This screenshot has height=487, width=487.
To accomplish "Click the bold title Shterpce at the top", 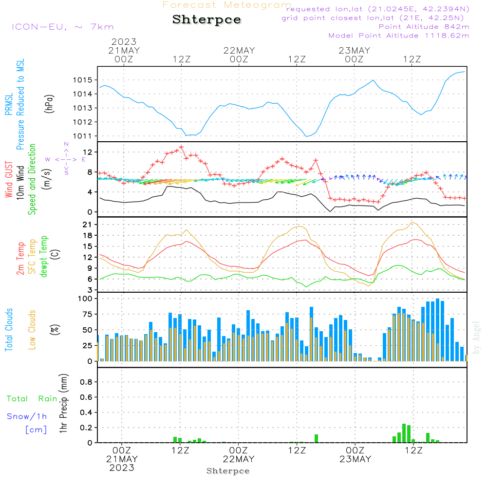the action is tap(206, 20).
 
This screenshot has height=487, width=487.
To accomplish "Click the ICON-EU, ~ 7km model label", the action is tap(63, 27).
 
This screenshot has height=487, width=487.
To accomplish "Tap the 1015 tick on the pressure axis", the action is tap(83, 80).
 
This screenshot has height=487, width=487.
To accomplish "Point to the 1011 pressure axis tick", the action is tap(83, 136).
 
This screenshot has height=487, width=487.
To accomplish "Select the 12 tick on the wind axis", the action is tap(88, 152).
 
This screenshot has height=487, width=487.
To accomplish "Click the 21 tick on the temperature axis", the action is tap(88, 225).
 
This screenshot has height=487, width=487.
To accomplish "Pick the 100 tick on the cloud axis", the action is tap(85, 299).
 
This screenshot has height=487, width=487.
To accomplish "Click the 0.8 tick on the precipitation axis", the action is tap(86, 382).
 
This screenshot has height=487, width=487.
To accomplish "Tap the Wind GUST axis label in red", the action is tap(9, 180).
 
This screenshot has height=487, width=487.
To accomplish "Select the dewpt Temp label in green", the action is tap(43, 257).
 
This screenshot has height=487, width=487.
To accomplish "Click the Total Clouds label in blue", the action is tap(9, 330).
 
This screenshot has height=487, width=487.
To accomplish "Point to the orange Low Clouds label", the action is tap(32, 330).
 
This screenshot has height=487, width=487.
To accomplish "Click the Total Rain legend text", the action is tap(32, 399).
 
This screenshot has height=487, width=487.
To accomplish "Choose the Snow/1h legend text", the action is tap(27, 416).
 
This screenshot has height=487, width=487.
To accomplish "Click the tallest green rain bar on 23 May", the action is tap(404, 433).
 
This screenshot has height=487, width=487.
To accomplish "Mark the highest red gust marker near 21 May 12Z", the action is tap(181, 147).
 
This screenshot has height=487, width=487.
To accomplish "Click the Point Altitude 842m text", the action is tap(424, 27).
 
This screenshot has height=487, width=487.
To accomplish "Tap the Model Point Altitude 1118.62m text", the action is tap(399, 36).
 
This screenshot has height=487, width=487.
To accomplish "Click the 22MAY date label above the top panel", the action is tap(239, 51).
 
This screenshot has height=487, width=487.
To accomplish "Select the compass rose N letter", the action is tap(66, 144).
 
